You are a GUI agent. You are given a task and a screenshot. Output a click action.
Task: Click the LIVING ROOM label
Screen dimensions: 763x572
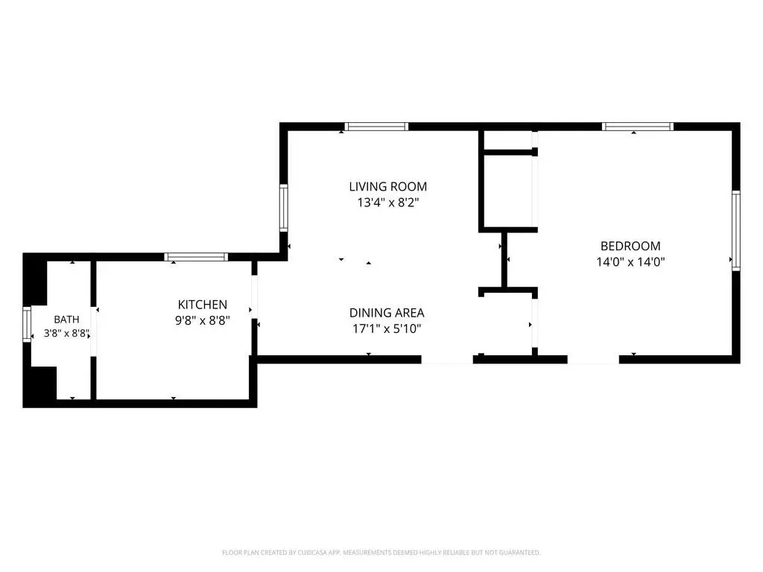pos(387,186)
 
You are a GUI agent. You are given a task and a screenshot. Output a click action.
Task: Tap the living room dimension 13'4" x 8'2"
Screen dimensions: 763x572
pos(387,203)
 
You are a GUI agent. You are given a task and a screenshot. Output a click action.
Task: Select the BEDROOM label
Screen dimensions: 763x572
pos(630,246)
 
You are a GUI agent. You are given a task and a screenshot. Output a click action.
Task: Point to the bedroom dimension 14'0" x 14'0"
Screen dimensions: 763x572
pos(630,262)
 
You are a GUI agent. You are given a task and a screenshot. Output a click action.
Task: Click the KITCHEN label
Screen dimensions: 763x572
pos(203,305)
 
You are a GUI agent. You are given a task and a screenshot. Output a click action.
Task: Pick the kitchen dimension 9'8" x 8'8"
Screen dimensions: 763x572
pos(203,320)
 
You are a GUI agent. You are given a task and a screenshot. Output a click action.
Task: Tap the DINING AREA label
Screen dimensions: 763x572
pos(387,313)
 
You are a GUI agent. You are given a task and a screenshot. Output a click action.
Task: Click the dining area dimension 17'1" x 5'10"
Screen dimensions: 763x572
pos(387,328)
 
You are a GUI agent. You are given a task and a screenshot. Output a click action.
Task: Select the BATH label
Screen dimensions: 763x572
pos(66,320)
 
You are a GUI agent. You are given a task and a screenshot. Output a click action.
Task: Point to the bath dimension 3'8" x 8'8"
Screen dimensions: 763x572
pos(66,334)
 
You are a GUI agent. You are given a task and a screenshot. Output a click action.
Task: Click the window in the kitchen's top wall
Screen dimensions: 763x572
pos(196,257)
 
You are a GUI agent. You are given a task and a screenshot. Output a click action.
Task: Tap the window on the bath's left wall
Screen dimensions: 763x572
pos(27,324)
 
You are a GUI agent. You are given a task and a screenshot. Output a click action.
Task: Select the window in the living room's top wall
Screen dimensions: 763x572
pos(376,127)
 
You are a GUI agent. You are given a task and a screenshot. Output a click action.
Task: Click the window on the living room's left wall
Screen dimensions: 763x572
pos(284,208)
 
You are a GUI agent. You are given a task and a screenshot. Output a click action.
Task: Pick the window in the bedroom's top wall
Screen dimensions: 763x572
pos(638,127)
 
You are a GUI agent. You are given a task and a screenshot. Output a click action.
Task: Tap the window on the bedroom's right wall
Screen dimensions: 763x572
pos(736,231)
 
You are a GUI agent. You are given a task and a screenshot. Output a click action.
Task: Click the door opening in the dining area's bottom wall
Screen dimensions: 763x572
pos(447,360)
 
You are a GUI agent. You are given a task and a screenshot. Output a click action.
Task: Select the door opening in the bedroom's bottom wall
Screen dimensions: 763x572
pos(593,360)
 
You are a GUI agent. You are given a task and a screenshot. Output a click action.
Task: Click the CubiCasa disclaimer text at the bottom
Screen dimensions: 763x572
pos(381,553)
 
